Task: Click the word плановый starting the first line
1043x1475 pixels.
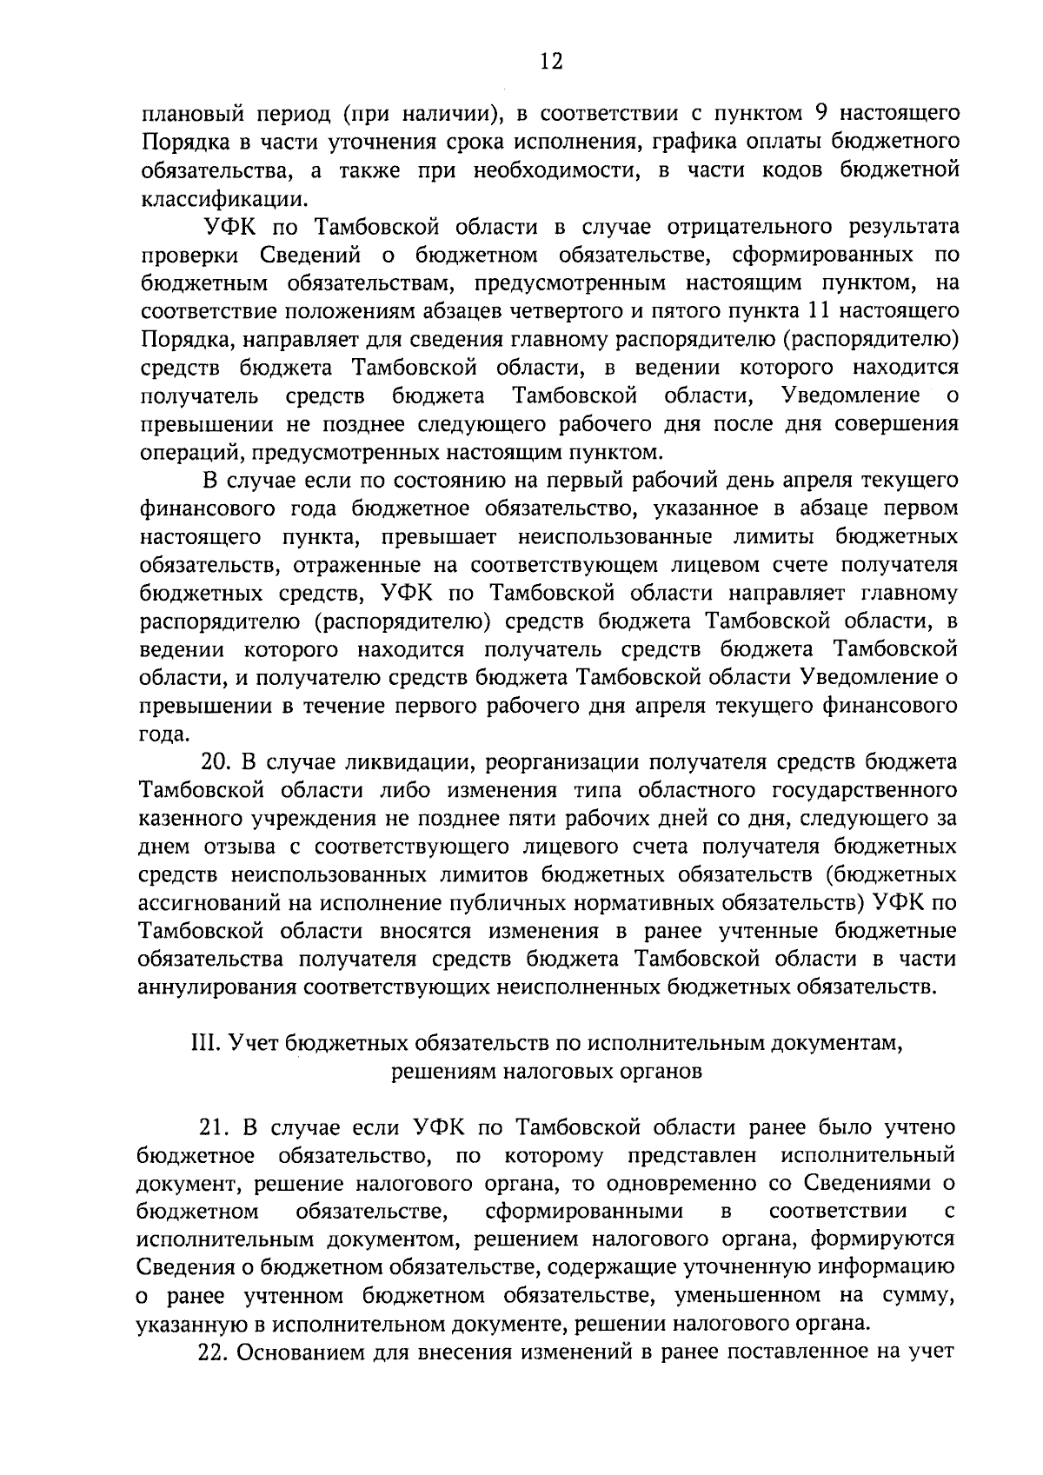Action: (x=187, y=114)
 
